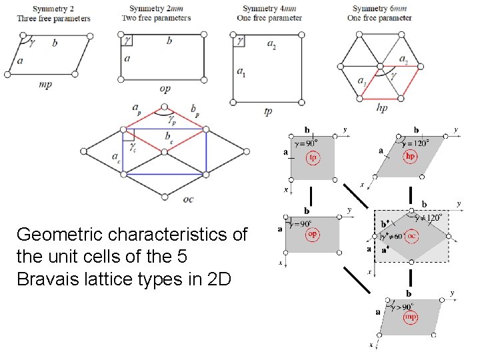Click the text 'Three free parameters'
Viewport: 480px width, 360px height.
[54, 18]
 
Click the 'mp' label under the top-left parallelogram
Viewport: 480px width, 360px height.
[46, 85]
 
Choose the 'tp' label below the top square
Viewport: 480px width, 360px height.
[267, 111]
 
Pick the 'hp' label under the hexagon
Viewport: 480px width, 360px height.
[382, 107]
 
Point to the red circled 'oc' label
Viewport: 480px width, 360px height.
[413, 236]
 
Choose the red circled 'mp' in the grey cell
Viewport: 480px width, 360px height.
[411, 317]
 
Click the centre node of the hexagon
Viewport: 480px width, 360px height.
[380, 65]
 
